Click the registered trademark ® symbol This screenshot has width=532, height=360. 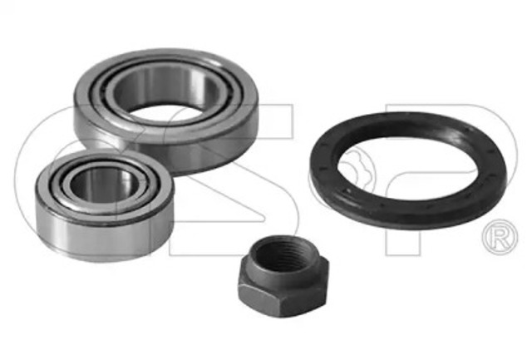[x=500, y=236]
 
